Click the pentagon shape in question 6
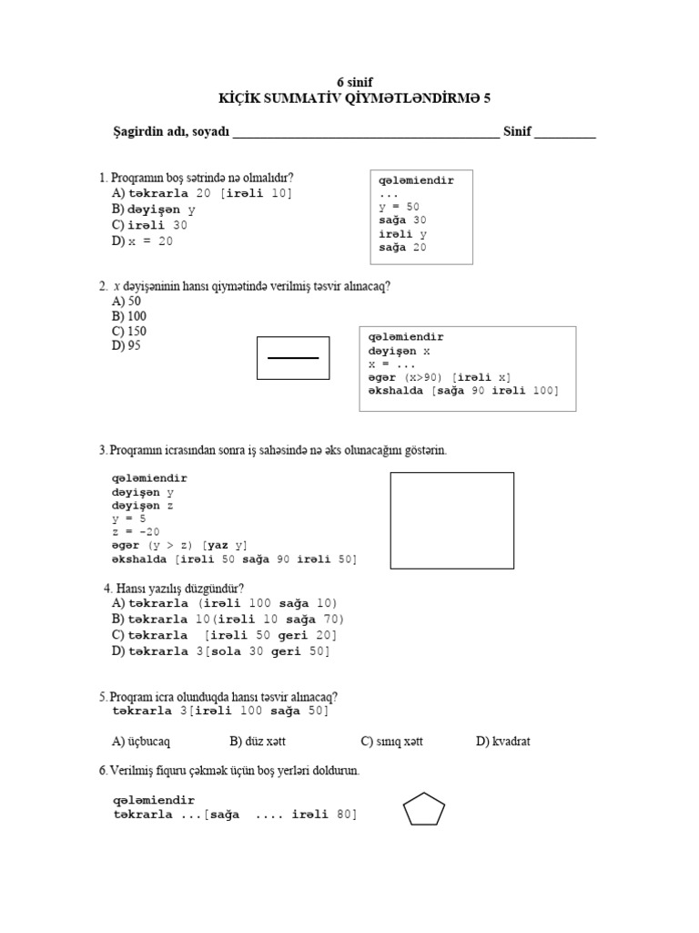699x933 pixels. point(423,808)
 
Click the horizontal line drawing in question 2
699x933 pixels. point(293,358)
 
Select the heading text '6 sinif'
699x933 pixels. point(355,82)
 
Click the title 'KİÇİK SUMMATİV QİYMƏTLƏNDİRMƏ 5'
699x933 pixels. point(355,98)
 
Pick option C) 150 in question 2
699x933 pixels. point(129,331)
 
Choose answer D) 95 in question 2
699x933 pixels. point(127,345)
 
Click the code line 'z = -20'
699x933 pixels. point(136,532)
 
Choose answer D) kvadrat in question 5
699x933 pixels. point(502,741)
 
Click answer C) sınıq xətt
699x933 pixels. point(391,741)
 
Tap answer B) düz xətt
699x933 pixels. point(264,741)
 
